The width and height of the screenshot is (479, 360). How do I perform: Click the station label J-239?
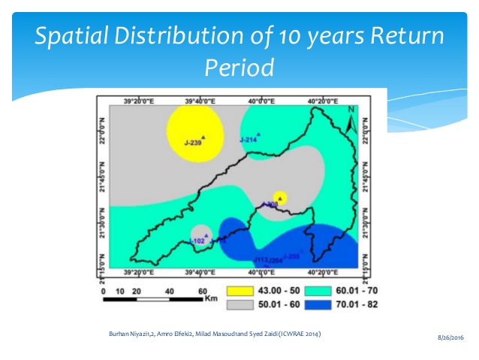[x=191, y=142]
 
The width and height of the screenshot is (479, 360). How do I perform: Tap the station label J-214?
[x=248, y=140]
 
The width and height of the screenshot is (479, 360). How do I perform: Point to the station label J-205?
[x=292, y=257]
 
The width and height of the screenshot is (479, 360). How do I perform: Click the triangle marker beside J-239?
[x=203, y=137]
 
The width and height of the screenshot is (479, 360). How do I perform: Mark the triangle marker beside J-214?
[x=259, y=134]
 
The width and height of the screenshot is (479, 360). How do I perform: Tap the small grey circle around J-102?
[x=200, y=236]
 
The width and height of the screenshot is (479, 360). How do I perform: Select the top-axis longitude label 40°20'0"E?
[x=322, y=101]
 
